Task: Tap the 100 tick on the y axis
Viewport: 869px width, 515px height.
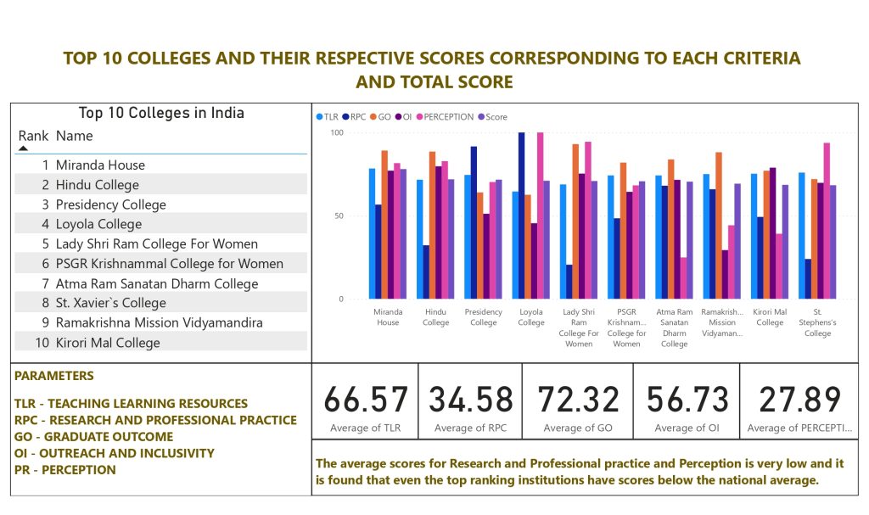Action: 337,133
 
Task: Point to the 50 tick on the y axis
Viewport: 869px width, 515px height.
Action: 339,216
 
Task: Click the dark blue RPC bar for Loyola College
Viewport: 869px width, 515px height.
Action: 521,216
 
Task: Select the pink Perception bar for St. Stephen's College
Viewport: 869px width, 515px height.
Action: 826,221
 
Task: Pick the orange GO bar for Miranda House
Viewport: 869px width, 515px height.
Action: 384,225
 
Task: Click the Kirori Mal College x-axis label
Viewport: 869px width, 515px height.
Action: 770,316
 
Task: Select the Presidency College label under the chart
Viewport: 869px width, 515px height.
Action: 484,316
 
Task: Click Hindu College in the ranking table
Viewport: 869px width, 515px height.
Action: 97,185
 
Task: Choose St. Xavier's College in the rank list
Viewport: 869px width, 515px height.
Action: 110,303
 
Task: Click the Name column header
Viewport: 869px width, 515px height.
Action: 74,136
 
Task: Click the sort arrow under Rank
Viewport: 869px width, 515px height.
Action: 23,148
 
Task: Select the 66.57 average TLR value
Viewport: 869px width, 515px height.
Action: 366,400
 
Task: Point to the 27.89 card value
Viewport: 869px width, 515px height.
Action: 800,400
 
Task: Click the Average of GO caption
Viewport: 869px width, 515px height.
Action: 577,428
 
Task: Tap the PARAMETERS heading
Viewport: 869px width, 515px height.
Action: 54,376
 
